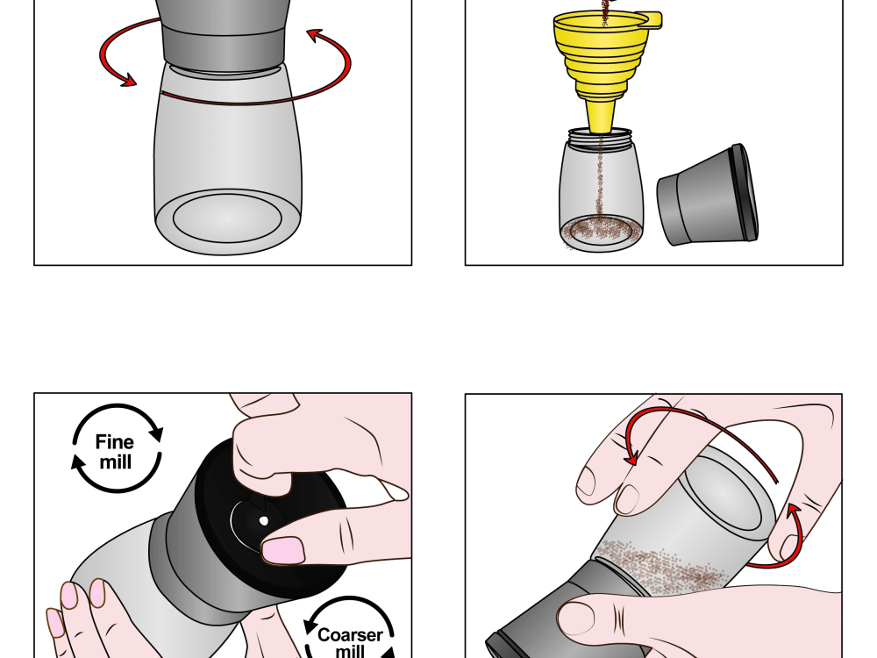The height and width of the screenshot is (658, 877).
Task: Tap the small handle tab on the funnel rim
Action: [x=651, y=21]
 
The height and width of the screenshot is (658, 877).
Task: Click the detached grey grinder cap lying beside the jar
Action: [x=708, y=195]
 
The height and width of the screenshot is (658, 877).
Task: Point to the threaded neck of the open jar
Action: [x=600, y=139]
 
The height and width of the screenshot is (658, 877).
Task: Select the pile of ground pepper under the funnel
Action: [x=600, y=229]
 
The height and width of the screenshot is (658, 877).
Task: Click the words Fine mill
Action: [x=115, y=452]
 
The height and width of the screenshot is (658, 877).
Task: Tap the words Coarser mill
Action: [x=350, y=643]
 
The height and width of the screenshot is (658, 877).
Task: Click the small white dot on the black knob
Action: [x=263, y=521]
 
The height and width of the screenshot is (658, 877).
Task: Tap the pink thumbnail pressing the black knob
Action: [x=283, y=551]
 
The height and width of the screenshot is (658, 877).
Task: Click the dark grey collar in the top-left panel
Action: [x=225, y=49]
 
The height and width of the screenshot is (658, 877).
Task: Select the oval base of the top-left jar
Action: [x=227, y=218]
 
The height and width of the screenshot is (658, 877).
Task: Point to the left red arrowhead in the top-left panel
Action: [x=129, y=81]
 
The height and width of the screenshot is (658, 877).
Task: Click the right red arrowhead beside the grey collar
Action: [x=316, y=36]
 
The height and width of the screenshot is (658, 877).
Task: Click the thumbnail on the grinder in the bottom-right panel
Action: [x=577, y=618]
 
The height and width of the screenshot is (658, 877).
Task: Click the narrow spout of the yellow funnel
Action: [x=601, y=117]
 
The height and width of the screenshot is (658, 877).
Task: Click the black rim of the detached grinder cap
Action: [x=745, y=193]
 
